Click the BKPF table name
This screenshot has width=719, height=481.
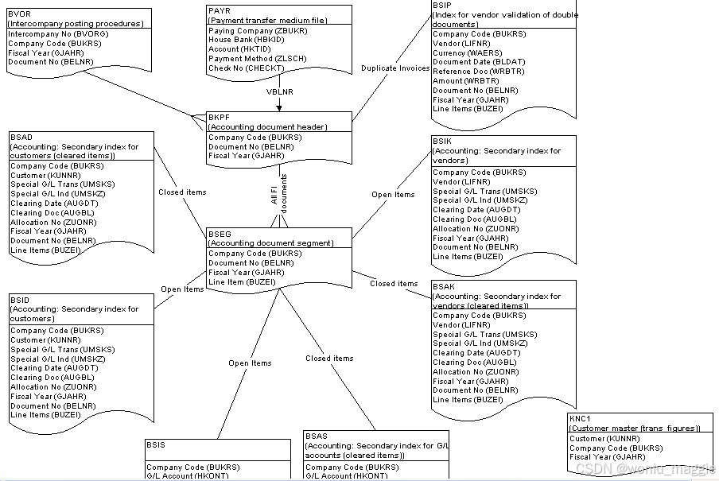219,117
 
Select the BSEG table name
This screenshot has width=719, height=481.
220,234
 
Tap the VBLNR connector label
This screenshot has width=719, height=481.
279,91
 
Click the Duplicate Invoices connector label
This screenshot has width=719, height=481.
395,68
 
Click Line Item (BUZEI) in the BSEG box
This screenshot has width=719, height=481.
242,281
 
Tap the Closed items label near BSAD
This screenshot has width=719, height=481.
182,192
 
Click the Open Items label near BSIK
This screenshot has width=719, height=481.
393,194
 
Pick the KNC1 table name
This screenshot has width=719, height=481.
580,419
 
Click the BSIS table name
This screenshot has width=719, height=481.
157,445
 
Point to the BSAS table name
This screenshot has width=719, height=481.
317,436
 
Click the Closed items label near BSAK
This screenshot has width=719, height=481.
394,283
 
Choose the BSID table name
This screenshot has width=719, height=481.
21,299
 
